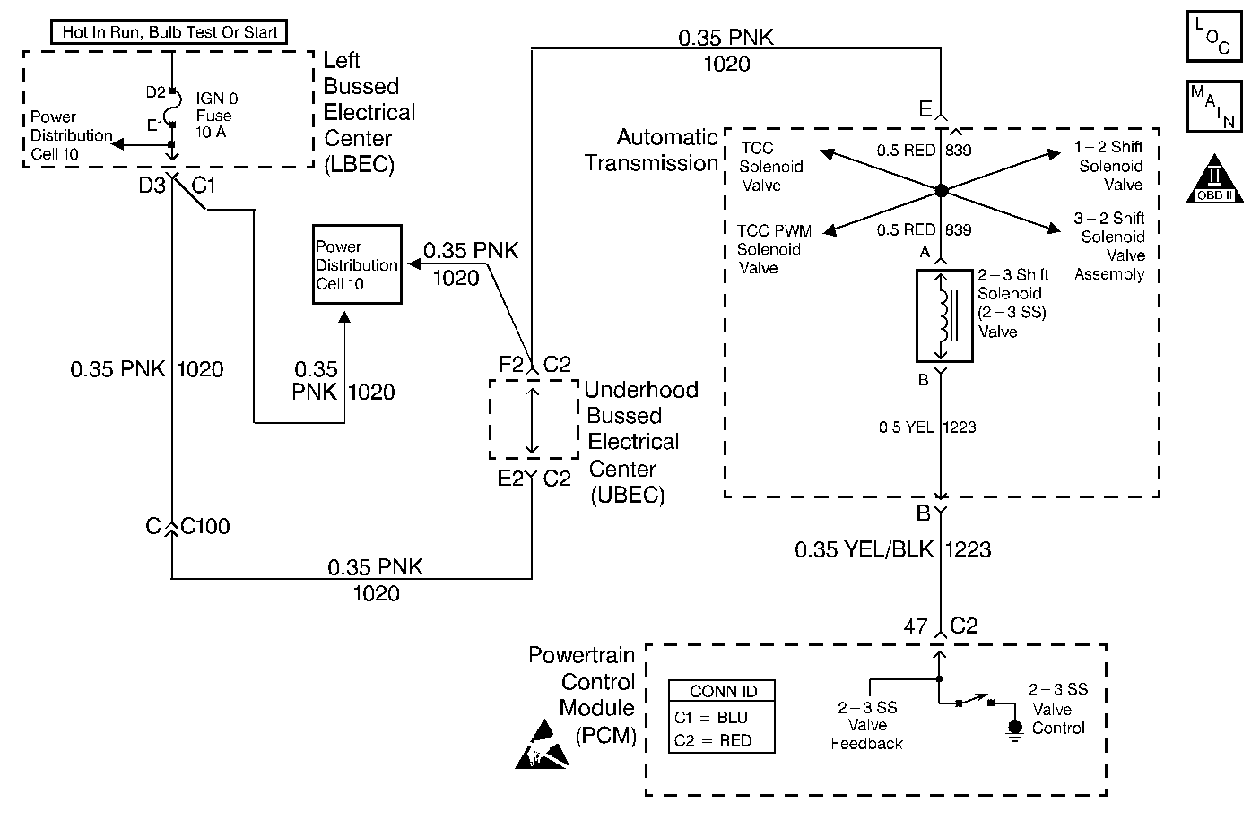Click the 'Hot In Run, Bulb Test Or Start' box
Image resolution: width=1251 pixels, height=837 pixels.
(169, 31)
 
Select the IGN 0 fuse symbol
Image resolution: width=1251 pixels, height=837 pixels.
(176, 108)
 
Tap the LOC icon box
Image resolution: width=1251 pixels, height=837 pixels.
(1214, 36)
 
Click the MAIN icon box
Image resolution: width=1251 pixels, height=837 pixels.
(1214, 106)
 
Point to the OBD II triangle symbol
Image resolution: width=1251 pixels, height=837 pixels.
(1214, 178)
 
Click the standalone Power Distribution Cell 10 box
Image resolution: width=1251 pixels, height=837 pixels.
(357, 264)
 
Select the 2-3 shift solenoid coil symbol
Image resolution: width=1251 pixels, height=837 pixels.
(944, 315)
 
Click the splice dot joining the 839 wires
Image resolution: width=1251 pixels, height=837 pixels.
(941, 190)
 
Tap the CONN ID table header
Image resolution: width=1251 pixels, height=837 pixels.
(722, 691)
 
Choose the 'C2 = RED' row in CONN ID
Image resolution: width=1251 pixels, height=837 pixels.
(713, 740)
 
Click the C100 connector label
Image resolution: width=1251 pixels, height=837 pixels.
(205, 526)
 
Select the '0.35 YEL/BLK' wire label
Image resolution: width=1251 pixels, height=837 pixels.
(864, 549)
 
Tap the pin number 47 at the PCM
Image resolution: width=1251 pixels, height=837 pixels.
(916, 626)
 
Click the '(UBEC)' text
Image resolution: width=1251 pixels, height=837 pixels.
(628, 495)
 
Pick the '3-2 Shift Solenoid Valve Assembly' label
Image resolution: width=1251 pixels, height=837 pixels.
(1109, 246)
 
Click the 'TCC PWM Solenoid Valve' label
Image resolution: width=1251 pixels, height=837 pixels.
(774, 249)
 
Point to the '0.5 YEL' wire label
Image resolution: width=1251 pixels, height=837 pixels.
(906, 427)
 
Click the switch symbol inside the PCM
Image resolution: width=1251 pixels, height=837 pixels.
(975, 700)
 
